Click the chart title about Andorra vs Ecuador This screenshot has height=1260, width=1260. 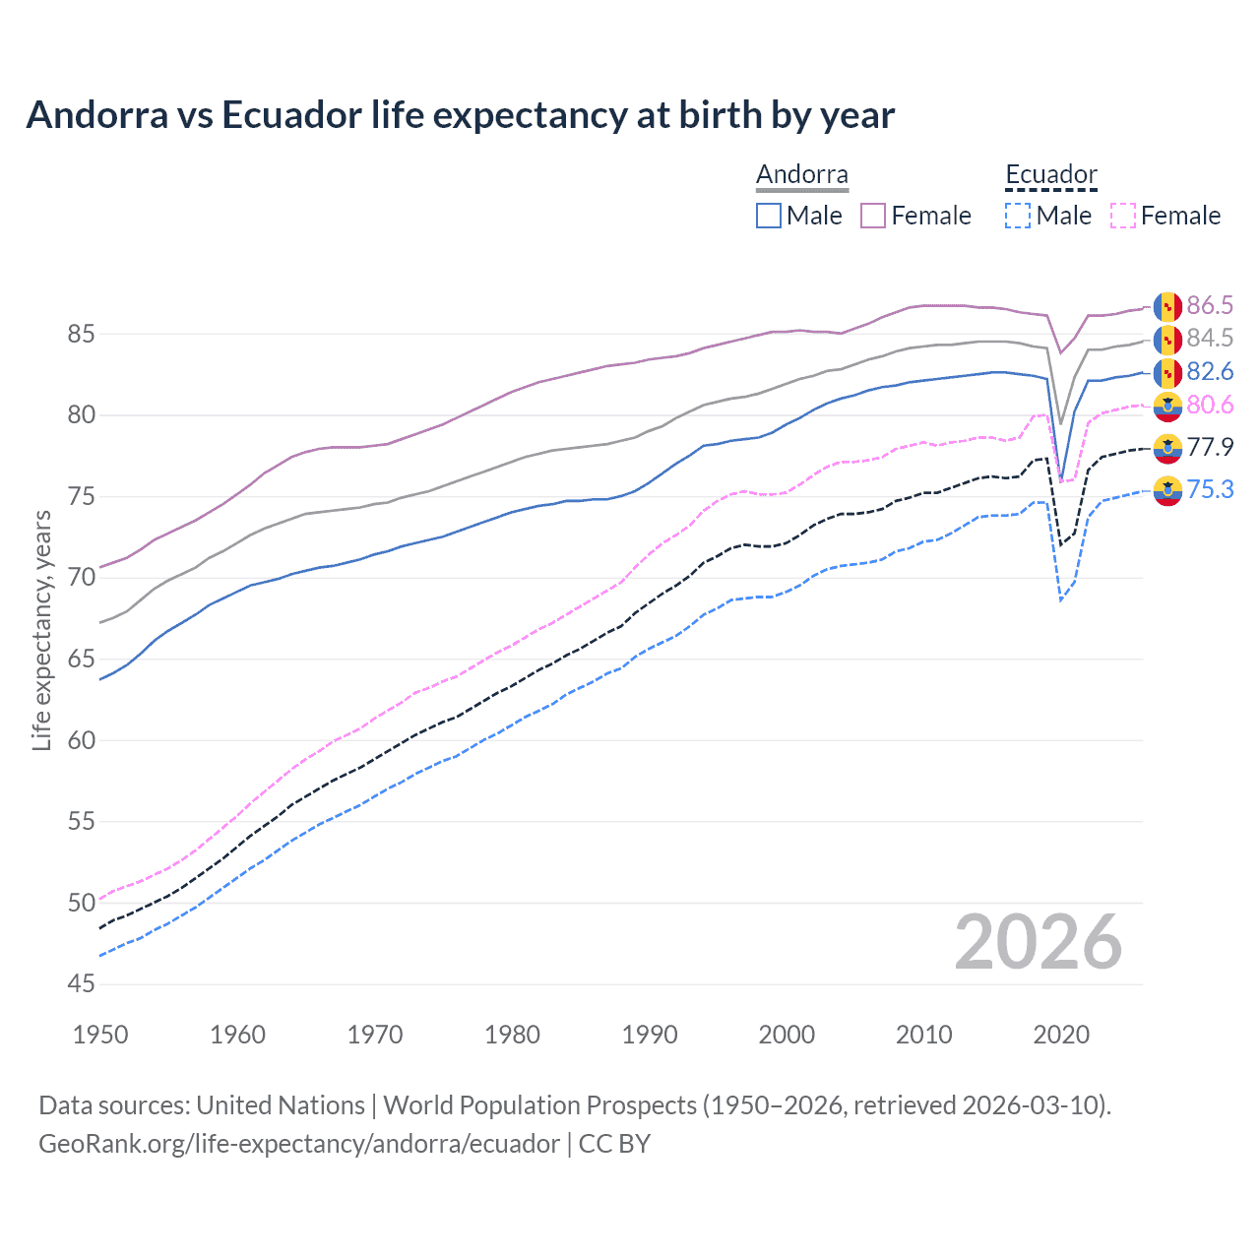(460, 115)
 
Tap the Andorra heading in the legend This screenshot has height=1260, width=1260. (801, 175)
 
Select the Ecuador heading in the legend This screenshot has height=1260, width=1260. (1050, 175)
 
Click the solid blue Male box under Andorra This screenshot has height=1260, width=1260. (769, 216)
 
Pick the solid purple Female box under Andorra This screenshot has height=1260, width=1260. (873, 216)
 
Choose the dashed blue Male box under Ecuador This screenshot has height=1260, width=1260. (1018, 216)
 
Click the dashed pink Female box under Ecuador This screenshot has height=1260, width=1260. (1122, 216)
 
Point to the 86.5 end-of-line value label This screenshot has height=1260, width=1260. (1209, 305)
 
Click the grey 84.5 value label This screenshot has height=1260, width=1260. (1209, 338)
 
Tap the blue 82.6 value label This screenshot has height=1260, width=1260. (1209, 371)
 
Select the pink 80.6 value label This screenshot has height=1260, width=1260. (1209, 405)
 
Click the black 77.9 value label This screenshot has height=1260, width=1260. (1209, 447)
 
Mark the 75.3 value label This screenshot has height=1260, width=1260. (1209, 489)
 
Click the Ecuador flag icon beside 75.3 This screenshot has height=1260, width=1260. (1167, 489)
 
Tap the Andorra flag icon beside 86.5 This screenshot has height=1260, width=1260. (1167, 306)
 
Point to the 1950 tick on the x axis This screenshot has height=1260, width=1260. (100, 1035)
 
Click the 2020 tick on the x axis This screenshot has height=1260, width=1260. (1061, 1035)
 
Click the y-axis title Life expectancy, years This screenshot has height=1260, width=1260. (41, 630)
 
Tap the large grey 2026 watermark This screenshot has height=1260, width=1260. (1038, 943)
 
